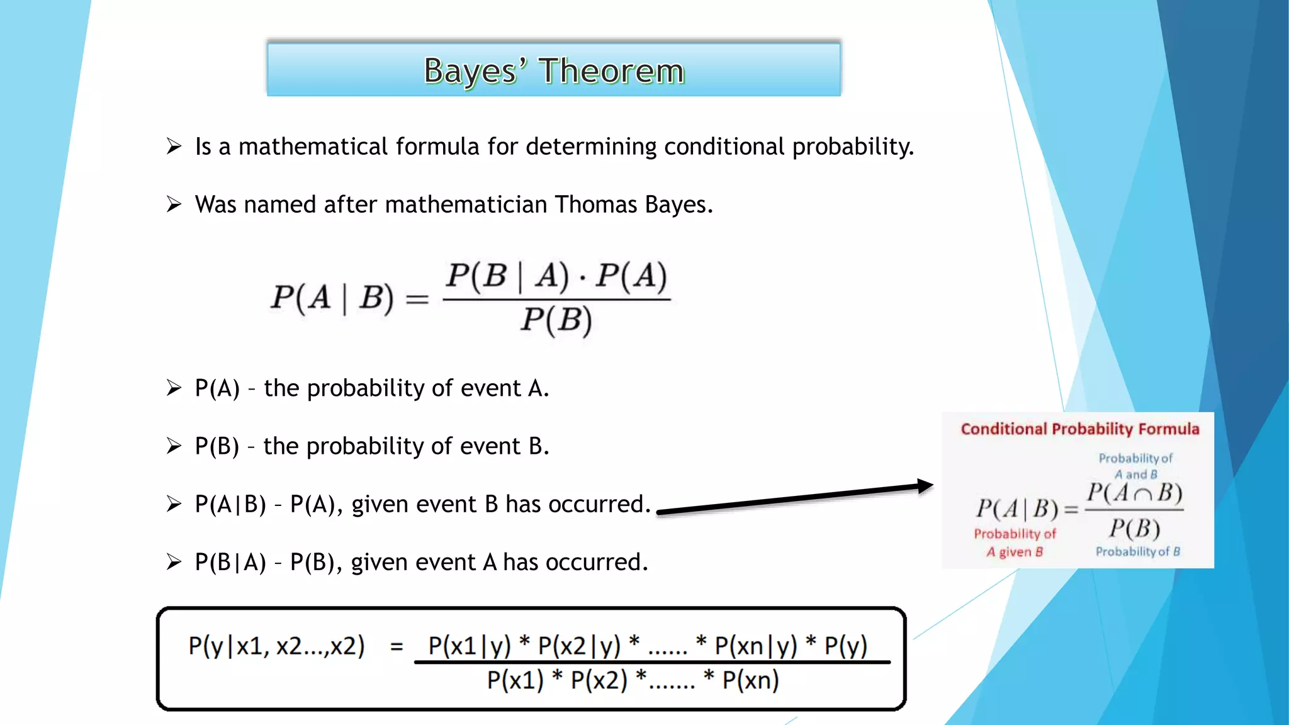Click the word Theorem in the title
point(611,70)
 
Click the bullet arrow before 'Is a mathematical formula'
point(174,147)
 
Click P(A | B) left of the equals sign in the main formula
point(332,297)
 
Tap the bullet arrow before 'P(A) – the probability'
point(174,388)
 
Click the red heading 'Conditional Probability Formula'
point(1079,429)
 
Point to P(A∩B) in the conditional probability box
point(1134,493)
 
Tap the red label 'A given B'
point(1014,552)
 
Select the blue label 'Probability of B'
point(1137,551)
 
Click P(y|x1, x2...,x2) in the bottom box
point(276,646)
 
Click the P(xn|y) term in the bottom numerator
point(755,646)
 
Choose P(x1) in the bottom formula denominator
point(515,680)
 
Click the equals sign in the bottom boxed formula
point(397,646)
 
